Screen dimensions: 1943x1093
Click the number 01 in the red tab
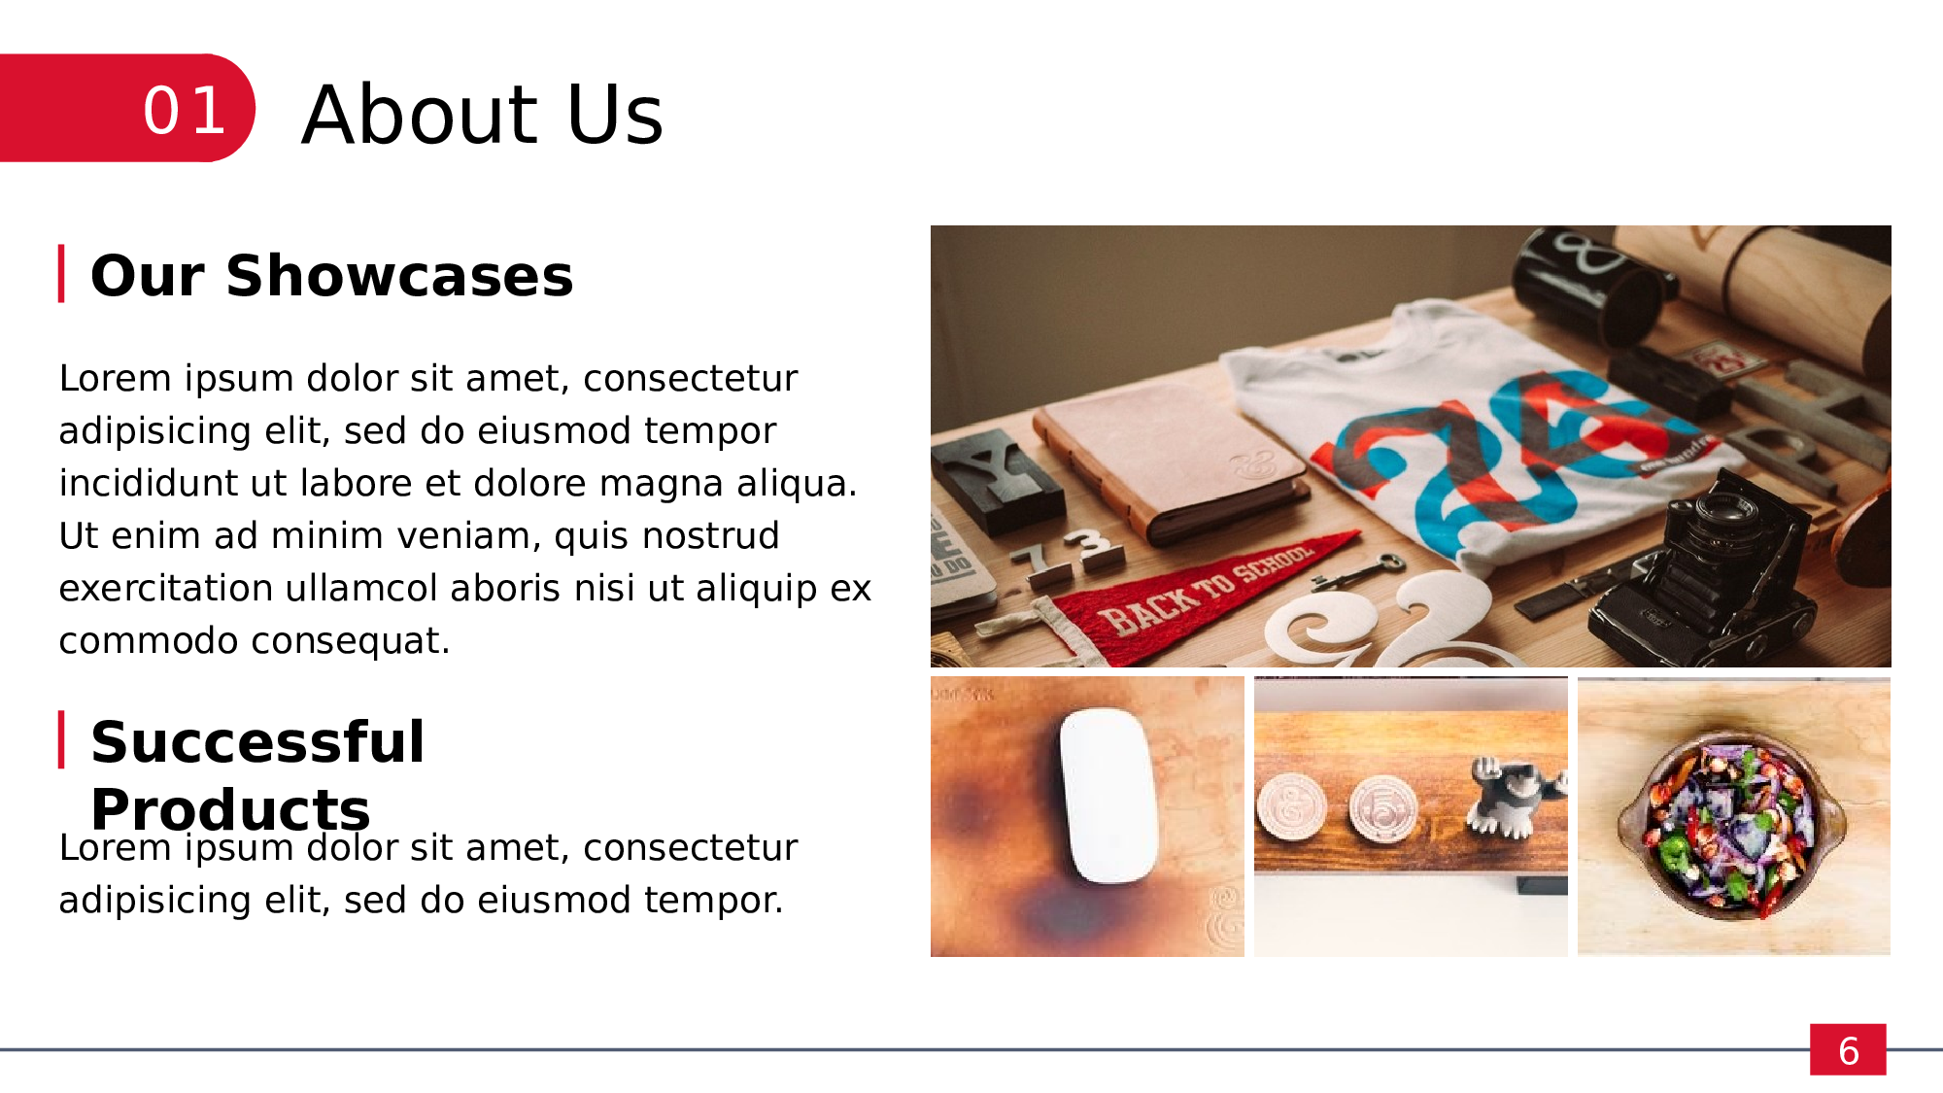point(185,110)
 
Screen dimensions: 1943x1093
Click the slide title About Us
point(483,115)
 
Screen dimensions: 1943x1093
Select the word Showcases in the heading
point(399,276)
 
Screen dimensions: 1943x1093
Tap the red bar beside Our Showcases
point(61,274)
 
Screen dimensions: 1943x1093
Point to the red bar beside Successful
point(61,739)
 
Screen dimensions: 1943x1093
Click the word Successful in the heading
point(257,742)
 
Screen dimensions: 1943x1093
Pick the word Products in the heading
point(230,809)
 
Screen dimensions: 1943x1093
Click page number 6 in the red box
point(1848,1050)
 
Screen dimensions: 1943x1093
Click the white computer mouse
point(1107,795)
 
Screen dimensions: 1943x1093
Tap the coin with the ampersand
point(1292,806)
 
